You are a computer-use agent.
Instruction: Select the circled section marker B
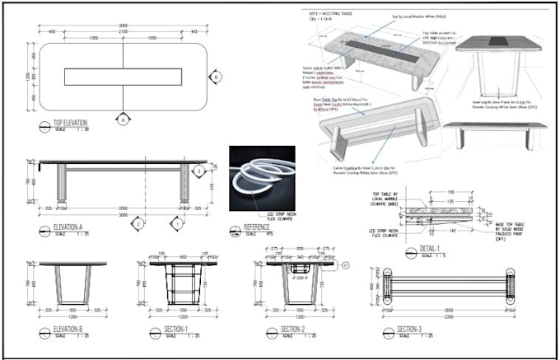click(x=216, y=77)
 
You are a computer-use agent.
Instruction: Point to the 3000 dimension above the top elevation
click(x=124, y=26)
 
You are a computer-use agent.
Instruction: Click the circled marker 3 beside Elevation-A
click(x=198, y=171)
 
